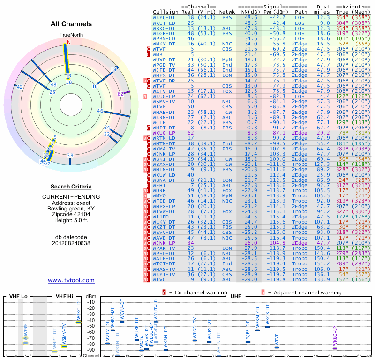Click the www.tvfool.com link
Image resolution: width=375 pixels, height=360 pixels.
(71, 280)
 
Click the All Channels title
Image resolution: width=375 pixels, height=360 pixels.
(71, 24)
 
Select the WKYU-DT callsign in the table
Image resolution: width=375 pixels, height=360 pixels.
(165, 17)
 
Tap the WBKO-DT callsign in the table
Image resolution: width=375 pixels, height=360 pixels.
(165, 28)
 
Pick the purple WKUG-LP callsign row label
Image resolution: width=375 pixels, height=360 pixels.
(165, 133)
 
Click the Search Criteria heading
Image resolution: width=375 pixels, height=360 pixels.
(71, 187)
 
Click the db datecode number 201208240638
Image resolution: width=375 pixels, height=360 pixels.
(71, 243)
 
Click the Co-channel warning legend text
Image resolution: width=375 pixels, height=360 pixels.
(202, 292)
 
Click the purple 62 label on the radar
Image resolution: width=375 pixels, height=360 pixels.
(120, 94)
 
